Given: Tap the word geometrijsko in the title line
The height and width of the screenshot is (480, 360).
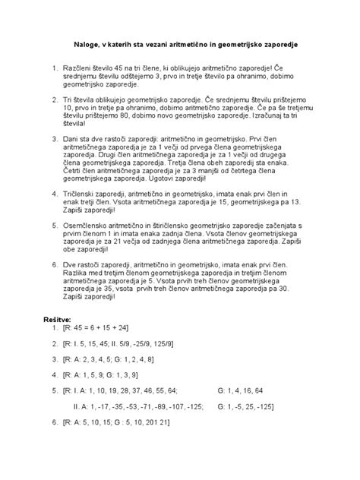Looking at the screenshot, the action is click(x=253, y=46).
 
